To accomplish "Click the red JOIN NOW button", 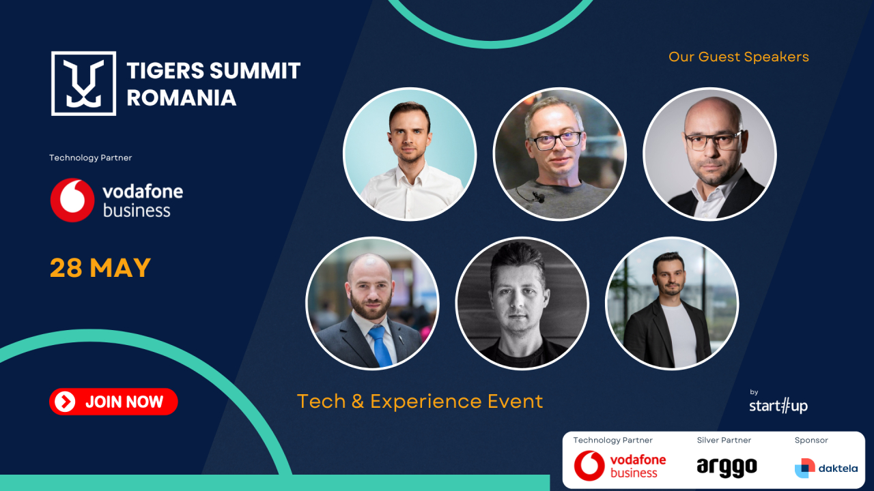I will click(x=113, y=402).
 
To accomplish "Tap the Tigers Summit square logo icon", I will click(x=84, y=83).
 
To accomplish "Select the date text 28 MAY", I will click(x=100, y=268).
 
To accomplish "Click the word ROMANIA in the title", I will click(x=182, y=98).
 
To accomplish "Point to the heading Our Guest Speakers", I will click(x=739, y=57).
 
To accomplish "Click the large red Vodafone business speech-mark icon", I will click(x=72, y=200).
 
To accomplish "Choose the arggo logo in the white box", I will click(x=727, y=466).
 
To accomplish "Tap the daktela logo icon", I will click(x=805, y=468).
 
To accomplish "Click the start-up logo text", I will click(x=778, y=406).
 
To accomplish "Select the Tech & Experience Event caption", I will click(x=420, y=401).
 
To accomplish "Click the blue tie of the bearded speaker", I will click(x=380, y=345).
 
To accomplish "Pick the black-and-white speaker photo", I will click(x=522, y=303).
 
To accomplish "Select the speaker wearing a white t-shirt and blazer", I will click(x=672, y=303).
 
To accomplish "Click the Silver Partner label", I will click(x=724, y=441).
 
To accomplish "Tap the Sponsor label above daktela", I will click(x=811, y=441).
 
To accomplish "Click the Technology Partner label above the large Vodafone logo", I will click(x=90, y=158).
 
